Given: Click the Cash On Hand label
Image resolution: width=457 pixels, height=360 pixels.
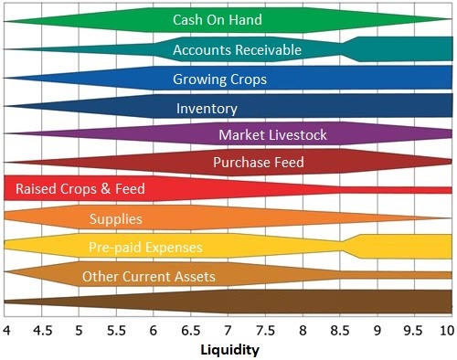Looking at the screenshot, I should (x=218, y=20).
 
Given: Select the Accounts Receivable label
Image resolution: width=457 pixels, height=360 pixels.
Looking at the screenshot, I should (x=237, y=49).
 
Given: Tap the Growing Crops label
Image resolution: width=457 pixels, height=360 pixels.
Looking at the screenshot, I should (x=219, y=79).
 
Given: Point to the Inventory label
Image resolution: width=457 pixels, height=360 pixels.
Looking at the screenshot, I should (x=207, y=109).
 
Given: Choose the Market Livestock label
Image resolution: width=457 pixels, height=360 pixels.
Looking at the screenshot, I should (x=272, y=136).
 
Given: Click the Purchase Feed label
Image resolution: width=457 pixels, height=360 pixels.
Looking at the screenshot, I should (x=259, y=163).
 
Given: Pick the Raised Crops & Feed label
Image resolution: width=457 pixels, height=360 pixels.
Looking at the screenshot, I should (x=80, y=189).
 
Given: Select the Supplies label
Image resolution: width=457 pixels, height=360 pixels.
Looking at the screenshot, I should (x=115, y=218).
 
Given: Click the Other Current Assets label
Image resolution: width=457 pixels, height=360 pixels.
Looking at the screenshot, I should (x=149, y=277).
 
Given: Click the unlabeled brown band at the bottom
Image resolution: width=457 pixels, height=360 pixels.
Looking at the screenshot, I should (x=228, y=302).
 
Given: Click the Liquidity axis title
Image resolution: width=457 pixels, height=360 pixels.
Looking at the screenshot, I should (x=229, y=350).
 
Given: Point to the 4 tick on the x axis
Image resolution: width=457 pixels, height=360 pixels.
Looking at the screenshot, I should (x=5, y=329).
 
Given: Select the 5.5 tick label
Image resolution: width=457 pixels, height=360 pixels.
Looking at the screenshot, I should (x=116, y=329).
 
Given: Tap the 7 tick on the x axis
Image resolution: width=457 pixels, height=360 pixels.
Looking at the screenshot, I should (x=227, y=329).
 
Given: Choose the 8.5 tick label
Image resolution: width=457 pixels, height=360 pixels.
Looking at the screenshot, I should (x=337, y=329).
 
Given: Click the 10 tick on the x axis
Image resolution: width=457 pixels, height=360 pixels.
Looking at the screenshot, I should (x=446, y=329).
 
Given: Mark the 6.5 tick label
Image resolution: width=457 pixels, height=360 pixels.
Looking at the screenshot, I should (x=190, y=329).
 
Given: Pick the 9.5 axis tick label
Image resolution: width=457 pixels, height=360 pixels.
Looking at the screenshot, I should (x=411, y=329).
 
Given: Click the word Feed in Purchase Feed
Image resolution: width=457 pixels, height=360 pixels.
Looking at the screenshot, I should (x=288, y=163).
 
